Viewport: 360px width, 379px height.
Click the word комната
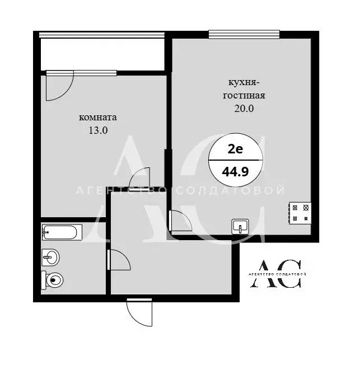point(97,118)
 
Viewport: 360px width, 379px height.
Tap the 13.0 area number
point(97,130)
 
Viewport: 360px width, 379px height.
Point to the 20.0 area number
point(244,109)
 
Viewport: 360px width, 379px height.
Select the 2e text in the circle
point(235,148)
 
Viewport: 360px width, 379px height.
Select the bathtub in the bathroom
point(62,231)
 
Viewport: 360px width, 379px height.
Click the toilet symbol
point(53,279)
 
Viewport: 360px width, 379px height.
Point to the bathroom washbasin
point(50,258)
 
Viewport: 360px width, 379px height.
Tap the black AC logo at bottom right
point(276,274)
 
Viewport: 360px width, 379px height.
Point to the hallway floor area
point(168,263)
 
